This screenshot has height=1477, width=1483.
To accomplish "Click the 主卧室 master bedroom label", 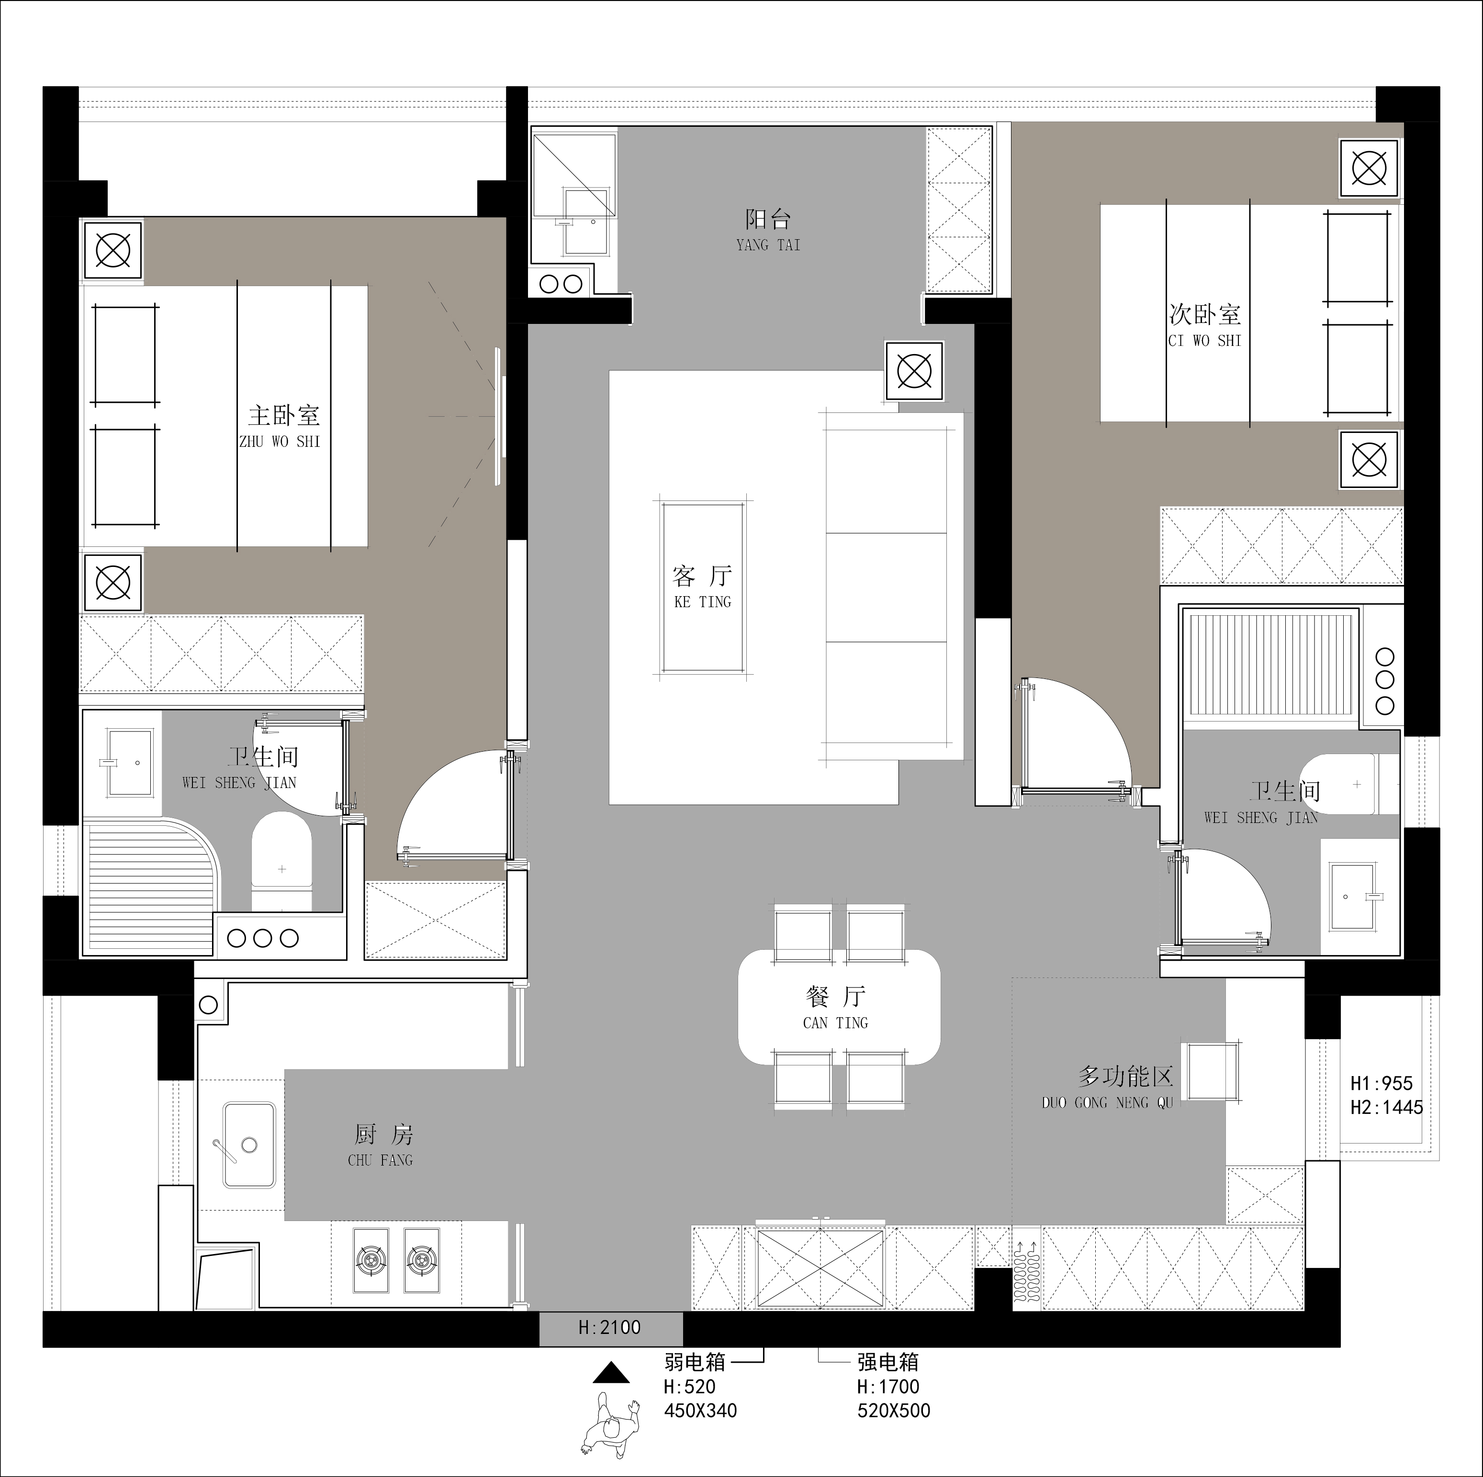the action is (283, 416).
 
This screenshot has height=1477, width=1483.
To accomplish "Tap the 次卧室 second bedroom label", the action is (1204, 314).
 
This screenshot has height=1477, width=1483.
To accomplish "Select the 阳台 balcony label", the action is (768, 220).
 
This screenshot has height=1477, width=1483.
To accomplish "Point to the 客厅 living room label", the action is (702, 576).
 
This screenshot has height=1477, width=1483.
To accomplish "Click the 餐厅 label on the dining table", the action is (836, 997).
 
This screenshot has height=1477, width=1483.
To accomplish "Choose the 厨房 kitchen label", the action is (384, 1134).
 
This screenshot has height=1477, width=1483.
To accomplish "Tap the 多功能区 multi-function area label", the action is (1125, 1077).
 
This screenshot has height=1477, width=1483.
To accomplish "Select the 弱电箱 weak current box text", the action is (695, 1362).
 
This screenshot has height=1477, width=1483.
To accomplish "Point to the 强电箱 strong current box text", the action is (888, 1362).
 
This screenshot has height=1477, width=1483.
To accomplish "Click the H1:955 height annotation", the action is (1382, 1083).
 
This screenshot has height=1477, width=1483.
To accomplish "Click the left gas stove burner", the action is (371, 1260).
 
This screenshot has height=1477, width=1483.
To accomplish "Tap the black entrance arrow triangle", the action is (611, 1373).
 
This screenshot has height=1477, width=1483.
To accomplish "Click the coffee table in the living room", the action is (702, 588).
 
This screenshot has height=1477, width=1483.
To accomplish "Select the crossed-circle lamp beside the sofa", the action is (914, 371).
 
